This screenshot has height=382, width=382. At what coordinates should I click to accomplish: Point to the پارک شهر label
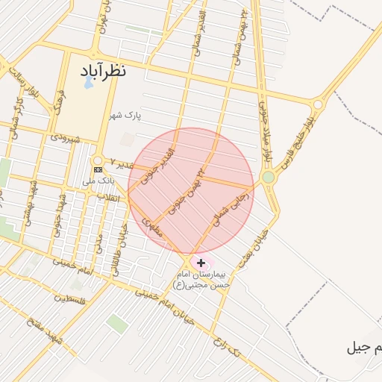[x=124, y=116]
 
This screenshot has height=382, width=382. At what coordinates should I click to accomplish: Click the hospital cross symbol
[x=201, y=263]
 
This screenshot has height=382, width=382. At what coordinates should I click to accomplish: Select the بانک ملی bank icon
[x=98, y=170]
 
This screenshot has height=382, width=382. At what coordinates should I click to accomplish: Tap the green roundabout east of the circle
[x=268, y=177]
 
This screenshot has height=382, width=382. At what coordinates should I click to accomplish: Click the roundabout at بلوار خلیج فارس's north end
[x=319, y=105]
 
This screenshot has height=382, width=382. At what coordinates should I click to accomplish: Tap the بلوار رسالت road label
[x=22, y=83]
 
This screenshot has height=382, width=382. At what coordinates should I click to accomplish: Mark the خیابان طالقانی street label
[x=116, y=254]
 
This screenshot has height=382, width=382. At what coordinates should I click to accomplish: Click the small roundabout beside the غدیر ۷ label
[x=97, y=160]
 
